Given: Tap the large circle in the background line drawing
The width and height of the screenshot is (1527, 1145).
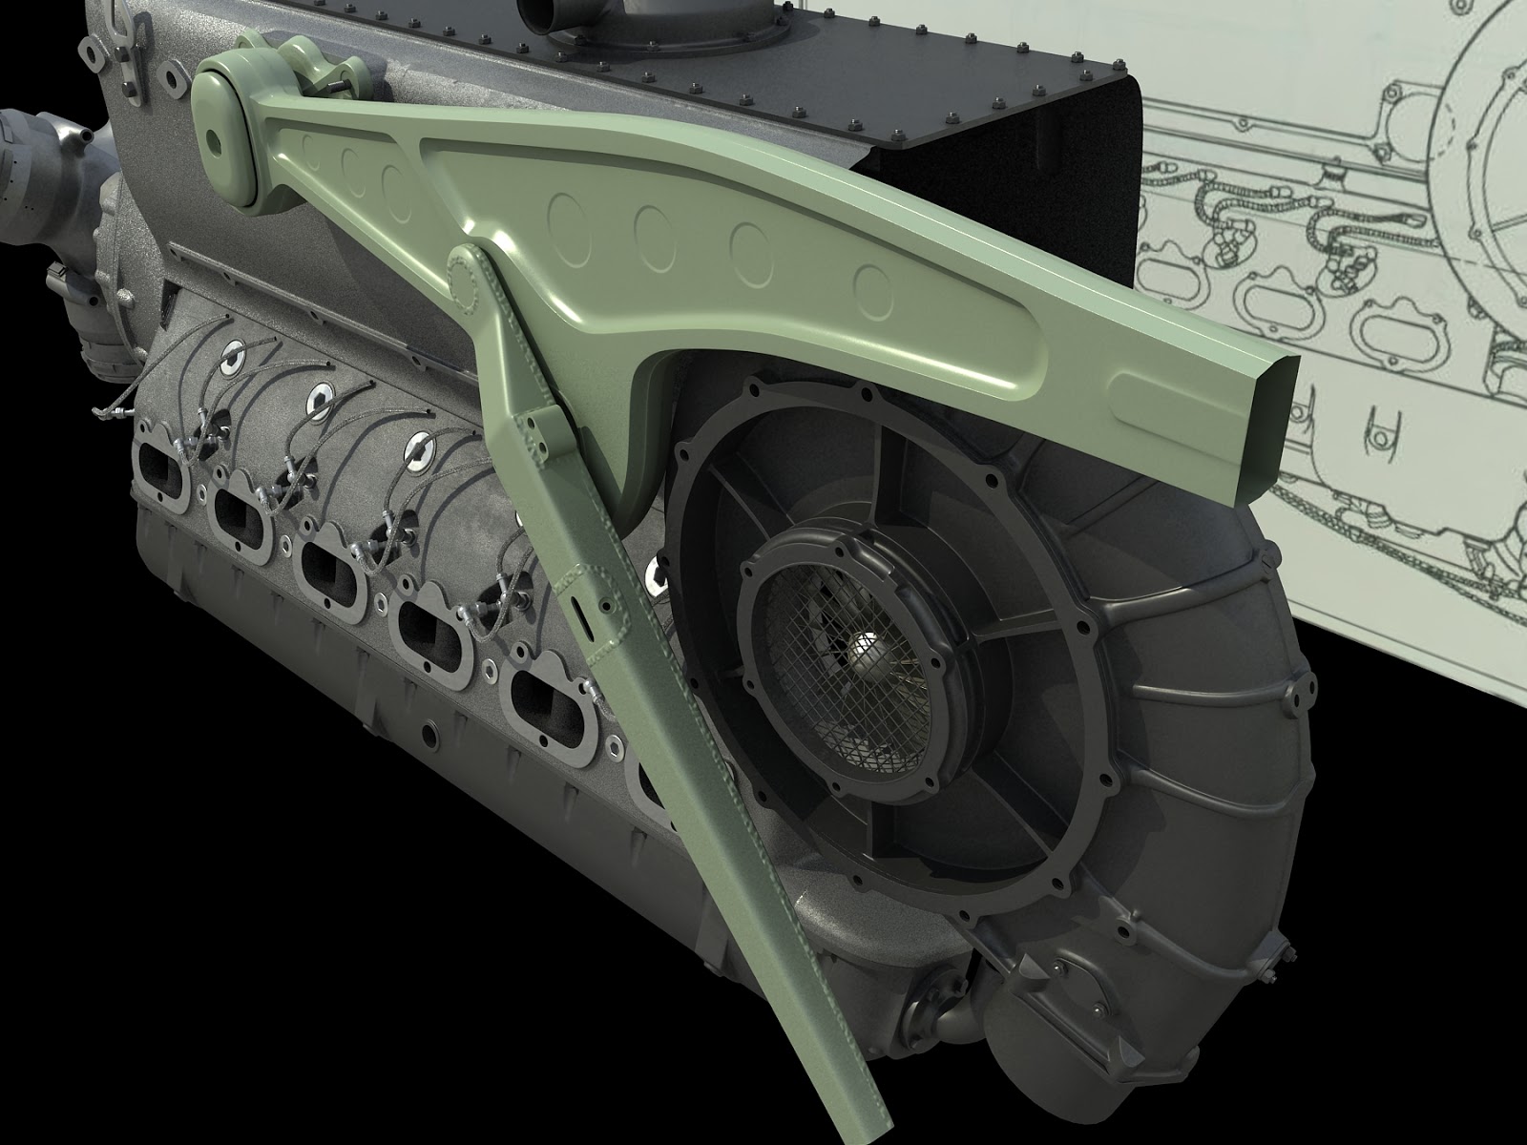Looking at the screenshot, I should click(1489, 143).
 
